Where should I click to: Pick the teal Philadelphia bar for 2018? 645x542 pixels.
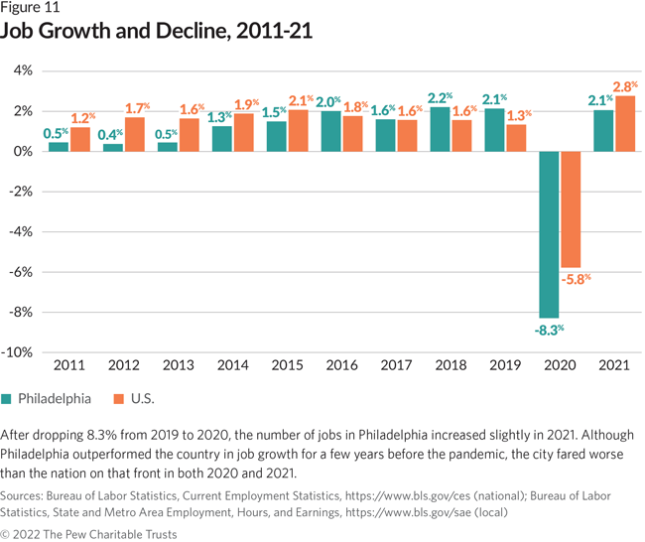440,129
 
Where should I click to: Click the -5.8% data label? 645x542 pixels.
575,279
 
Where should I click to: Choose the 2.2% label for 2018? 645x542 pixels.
441,98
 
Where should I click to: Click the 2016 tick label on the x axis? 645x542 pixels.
342,366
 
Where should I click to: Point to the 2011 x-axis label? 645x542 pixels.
68,366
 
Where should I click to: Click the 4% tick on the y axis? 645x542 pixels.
23,70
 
